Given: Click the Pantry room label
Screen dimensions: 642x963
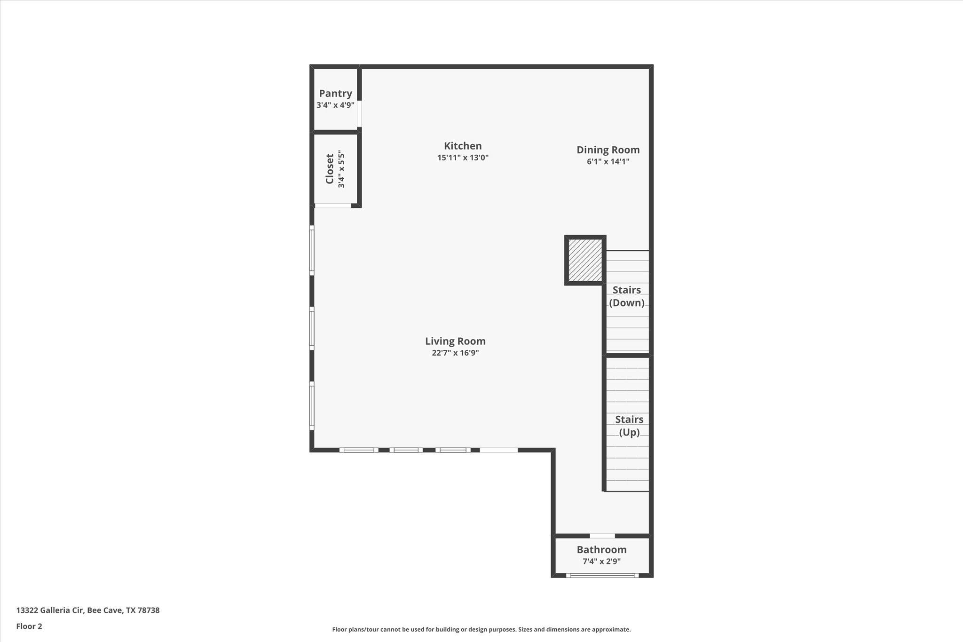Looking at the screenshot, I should [335, 94].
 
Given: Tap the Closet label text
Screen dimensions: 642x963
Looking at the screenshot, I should [330, 169].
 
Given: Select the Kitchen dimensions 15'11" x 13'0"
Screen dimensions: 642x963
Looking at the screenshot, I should [463, 158].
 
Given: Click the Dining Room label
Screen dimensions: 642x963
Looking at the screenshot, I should [608, 150].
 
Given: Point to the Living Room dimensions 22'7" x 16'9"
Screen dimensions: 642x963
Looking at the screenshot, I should [455, 353].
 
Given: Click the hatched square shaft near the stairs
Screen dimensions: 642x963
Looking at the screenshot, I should [585, 260].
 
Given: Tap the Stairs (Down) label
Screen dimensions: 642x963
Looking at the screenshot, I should [627, 296].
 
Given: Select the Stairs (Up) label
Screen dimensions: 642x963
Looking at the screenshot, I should [629, 426].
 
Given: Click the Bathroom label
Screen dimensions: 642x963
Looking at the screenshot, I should [601, 550].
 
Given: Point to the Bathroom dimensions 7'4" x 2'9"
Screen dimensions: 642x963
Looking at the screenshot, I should [601, 561].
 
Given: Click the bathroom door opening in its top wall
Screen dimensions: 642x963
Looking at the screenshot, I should [602, 536].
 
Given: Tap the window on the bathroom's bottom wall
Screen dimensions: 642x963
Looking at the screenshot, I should [602, 575].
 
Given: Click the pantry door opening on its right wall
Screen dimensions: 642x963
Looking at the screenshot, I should [359, 113].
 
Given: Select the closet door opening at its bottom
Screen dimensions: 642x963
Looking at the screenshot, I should [333, 206].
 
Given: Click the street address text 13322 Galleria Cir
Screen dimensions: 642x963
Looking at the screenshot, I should [88, 610].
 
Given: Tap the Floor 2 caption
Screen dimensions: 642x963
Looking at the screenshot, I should [29, 626].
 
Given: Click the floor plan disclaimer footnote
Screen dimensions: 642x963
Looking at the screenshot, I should [481, 629].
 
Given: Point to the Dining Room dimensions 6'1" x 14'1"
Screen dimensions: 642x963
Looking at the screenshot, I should [608, 162].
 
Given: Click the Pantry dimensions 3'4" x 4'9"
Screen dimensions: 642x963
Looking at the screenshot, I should [335, 105].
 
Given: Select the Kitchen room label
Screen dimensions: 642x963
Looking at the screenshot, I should [463, 146].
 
